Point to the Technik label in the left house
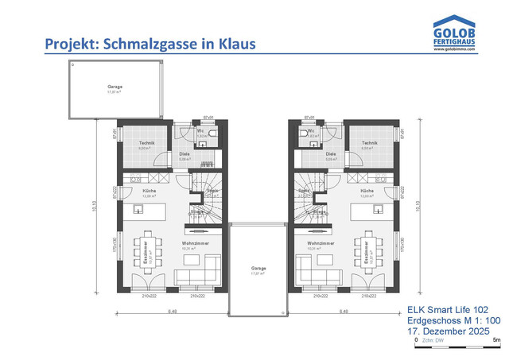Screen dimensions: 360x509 (x=146, y=143)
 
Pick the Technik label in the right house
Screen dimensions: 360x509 (x=367, y=143)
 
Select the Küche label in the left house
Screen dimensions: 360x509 (x=149, y=192)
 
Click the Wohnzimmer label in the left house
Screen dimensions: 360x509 (x=194, y=242)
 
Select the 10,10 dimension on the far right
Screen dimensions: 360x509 (x=421, y=205)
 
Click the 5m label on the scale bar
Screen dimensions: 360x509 (x=496, y=339)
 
